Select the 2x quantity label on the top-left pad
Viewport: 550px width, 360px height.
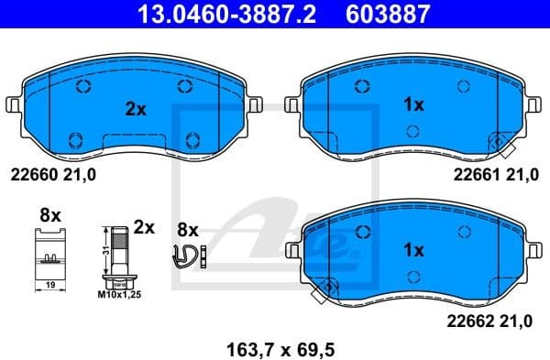(x=136, y=109)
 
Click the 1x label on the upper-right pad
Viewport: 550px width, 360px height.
(x=413, y=105)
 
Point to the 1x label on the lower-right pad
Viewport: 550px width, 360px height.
(x=413, y=249)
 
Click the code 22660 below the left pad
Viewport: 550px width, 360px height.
(x=32, y=174)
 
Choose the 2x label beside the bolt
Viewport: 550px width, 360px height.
(x=144, y=225)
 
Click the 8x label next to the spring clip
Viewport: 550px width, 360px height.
(x=188, y=228)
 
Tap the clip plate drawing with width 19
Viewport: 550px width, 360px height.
(x=50, y=256)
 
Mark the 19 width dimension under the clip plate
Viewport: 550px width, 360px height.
(x=50, y=285)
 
